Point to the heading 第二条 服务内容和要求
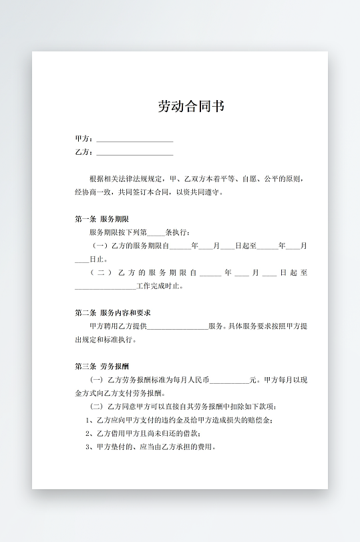coord(113,312)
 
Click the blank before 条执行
coord(155,233)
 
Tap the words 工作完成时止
coord(158,286)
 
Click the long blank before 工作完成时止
coord(105,288)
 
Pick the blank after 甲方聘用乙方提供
coord(177,327)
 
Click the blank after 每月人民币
coord(229,380)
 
